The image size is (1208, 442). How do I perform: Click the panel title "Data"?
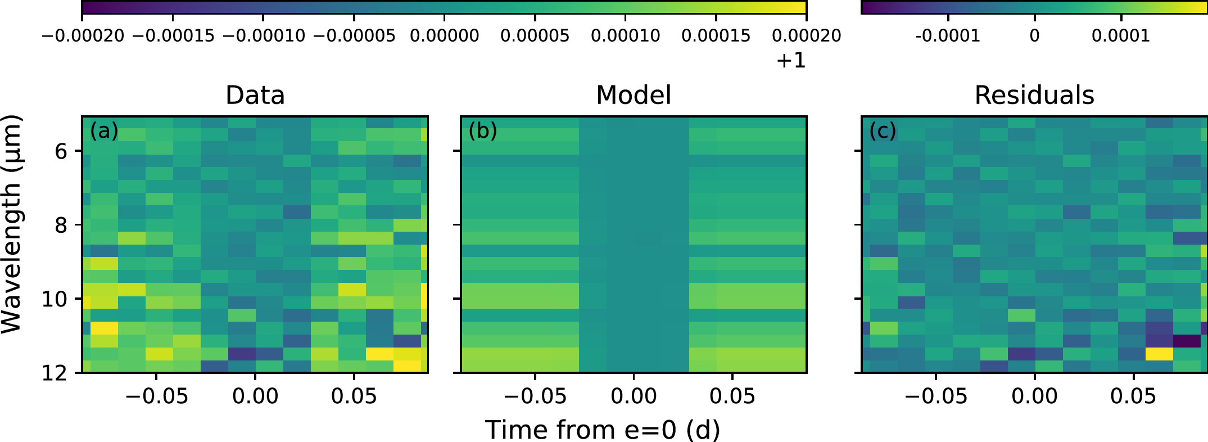(x=255, y=96)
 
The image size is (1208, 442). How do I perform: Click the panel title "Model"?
(x=634, y=96)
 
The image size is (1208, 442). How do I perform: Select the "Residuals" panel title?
(x=1034, y=96)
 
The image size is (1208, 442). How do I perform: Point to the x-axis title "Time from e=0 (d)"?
(x=603, y=430)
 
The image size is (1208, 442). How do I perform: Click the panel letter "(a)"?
(x=104, y=131)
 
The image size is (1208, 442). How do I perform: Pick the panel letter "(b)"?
(x=483, y=131)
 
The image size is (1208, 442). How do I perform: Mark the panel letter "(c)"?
(x=883, y=131)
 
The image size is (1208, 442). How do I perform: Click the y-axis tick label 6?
(x=61, y=151)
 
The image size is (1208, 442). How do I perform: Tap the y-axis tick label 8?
(x=61, y=225)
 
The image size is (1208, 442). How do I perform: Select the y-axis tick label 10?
(x=55, y=299)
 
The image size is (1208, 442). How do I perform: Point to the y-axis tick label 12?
(x=55, y=373)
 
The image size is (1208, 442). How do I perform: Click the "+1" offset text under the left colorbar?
(x=791, y=60)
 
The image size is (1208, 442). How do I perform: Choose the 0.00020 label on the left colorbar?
(x=806, y=36)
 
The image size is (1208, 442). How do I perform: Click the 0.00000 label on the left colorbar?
(x=444, y=36)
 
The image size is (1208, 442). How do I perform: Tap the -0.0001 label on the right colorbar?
(x=948, y=36)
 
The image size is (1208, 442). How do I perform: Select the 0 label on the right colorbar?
(x=1034, y=36)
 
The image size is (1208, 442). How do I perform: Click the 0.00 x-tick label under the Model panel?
(x=634, y=396)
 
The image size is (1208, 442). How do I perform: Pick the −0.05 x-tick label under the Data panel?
(x=156, y=396)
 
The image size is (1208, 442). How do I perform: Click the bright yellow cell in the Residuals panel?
(x=1159, y=354)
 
